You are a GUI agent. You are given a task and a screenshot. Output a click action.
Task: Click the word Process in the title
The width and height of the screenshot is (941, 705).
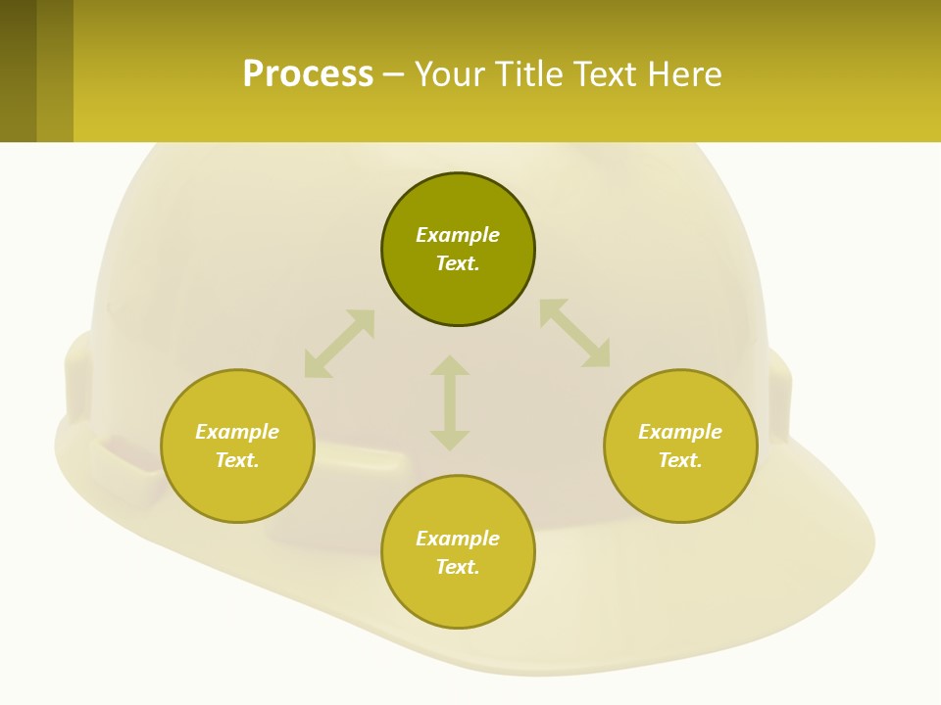[x=308, y=74]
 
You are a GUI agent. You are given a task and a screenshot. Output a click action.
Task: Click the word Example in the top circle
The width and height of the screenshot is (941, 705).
[x=458, y=235]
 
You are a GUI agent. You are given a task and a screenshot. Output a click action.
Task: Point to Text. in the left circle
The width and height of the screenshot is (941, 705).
[x=237, y=460]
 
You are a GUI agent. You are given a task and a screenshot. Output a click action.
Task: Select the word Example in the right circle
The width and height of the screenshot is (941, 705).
[x=680, y=432]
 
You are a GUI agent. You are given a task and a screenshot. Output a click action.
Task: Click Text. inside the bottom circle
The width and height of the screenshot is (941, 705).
[x=458, y=567]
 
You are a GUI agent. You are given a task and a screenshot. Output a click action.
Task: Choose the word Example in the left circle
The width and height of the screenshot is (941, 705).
[x=237, y=432]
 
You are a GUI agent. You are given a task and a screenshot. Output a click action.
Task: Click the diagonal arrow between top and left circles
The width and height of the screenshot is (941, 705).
[x=339, y=344]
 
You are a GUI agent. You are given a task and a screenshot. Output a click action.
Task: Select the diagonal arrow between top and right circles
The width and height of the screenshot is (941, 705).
[x=575, y=333]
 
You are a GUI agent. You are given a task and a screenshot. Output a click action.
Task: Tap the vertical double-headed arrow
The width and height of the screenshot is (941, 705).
[x=450, y=402]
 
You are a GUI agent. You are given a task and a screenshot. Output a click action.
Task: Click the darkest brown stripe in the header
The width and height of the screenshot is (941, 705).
[x=18, y=70]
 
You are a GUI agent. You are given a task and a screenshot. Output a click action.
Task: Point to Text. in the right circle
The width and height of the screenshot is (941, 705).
[x=680, y=460]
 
